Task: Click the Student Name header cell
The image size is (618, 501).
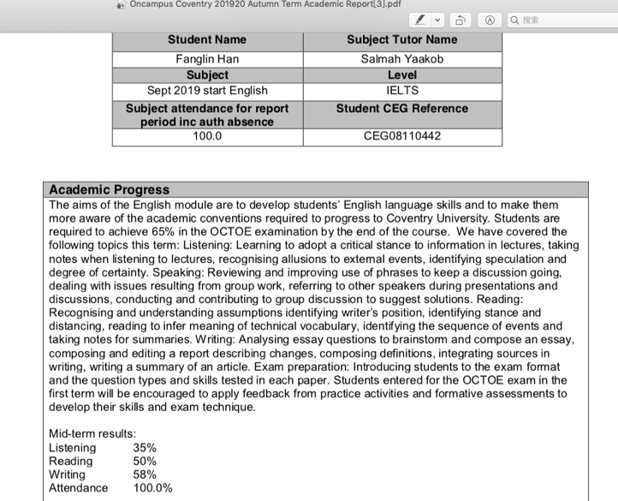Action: [206, 39]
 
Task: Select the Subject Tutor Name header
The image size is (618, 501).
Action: [401, 39]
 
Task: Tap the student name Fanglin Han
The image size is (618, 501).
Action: [206, 59]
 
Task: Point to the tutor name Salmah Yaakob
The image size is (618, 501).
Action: [401, 59]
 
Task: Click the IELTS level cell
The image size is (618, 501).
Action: [401, 90]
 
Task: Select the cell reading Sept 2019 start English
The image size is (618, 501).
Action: [206, 90]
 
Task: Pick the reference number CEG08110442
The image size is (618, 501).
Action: [401, 135]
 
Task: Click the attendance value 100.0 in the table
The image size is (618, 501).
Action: [206, 135]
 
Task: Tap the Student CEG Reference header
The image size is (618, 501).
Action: [401, 109]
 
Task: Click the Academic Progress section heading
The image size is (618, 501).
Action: [110, 189]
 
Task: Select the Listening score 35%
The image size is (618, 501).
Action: [145, 448]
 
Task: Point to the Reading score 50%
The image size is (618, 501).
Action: [145, 462]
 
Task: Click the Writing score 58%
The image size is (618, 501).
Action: [145, 474]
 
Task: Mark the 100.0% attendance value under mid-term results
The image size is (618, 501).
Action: [152, 488]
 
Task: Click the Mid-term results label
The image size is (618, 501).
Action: [92, 434]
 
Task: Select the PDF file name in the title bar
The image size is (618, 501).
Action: [274, 4]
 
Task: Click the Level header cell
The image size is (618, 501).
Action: [401, 75]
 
